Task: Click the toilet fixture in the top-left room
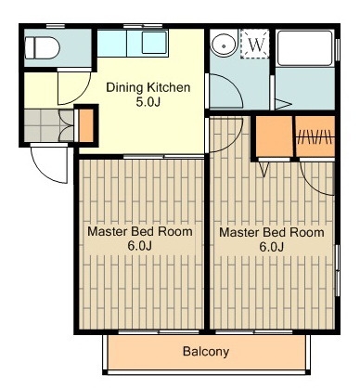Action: tap(43, 48)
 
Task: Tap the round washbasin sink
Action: tap(224, 45)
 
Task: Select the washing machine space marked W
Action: tap(255, 44)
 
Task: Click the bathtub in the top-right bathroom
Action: tap(304, 47)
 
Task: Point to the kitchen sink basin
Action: tap(155, 43)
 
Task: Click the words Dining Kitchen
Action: tap(148, 87)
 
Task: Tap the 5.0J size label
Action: tap(148, 102)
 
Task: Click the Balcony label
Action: tap(206, 352)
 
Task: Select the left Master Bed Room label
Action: tap(140, 231)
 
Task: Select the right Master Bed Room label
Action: tap(272, 232)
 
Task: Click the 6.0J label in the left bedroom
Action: tap(140, 246)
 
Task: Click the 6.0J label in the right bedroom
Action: tap(272, 247)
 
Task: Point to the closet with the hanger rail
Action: tap(315, 136)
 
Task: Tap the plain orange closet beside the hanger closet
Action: tap(275, 136)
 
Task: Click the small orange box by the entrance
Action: tap(86, 125)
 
